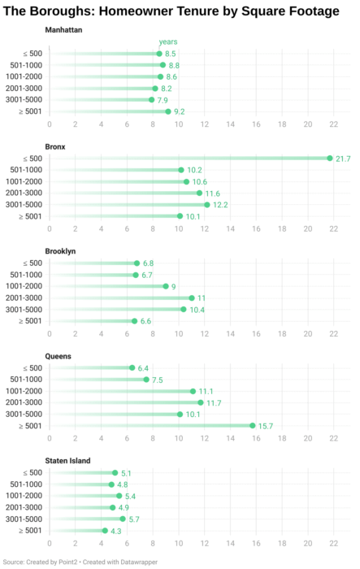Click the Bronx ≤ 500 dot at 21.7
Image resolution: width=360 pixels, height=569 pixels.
(x=330, y=159)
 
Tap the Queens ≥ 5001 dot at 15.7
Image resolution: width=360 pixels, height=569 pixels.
(x=253, y=426)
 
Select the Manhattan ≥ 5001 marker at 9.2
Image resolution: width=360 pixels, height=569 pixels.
(x=168, y=111)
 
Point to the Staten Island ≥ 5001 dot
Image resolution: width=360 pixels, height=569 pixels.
(x=105, y=531)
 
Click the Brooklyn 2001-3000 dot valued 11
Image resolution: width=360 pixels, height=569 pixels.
(x=192, y=298)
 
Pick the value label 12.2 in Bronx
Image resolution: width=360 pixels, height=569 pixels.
(x=221, y=205)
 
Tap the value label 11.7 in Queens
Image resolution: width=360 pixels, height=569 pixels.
(x=215, y=403)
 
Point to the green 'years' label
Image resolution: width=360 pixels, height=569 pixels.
(x=168, y=42)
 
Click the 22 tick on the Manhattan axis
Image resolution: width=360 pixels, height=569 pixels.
(x=333, y=124)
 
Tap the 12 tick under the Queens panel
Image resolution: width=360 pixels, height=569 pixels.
(x=204, y=439)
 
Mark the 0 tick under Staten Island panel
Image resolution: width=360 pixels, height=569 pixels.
(x=50, y=544)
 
